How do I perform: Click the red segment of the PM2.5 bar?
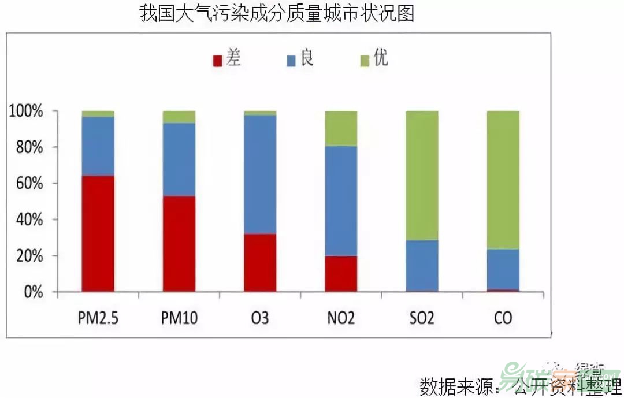click(98, 233)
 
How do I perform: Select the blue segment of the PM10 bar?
click(179, 159)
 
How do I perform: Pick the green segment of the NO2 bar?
click(340, 128)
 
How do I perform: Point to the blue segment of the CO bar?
click(503, 269)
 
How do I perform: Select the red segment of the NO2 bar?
click(340, 274)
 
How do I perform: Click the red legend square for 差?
click(218, 61)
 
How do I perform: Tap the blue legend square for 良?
click(291, 61)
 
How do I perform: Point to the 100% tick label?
click(26, 111)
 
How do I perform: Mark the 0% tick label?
click(32, 292)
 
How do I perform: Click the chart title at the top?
click(277, 13)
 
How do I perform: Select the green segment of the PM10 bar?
click(179, 117)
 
